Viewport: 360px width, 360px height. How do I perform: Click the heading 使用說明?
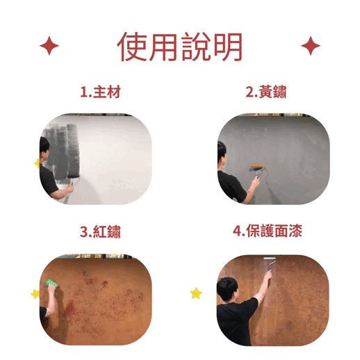click(180, 47)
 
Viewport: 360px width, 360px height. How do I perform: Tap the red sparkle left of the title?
click(49, 46)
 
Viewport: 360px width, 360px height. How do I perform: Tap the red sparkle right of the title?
click(311, 46)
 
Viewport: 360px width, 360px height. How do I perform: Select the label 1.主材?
click(100, 92)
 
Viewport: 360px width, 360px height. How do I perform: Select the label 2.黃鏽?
click(266, 92)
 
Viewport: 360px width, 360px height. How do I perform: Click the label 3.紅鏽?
click(100, 231)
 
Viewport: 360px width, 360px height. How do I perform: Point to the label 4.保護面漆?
click(268, 231)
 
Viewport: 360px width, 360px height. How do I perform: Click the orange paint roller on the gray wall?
click(257, 167)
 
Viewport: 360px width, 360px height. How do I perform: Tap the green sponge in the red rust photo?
click(51, 283)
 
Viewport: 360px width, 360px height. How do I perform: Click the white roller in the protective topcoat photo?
click(270, 259)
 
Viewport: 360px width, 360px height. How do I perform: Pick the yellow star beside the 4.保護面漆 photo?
click(196, 293)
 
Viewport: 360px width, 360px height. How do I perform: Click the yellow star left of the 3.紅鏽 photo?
click(35, 294)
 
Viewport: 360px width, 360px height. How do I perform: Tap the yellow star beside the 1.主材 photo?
click(37, 163)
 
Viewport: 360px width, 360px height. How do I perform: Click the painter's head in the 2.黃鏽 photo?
click(222, 152)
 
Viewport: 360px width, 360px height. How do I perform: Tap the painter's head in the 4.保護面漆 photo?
click(227, 289)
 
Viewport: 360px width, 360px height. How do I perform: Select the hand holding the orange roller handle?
click(255, 182)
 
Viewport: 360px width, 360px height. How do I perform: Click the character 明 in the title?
click(228, 47)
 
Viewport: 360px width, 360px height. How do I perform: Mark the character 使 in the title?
click(131, 47)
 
